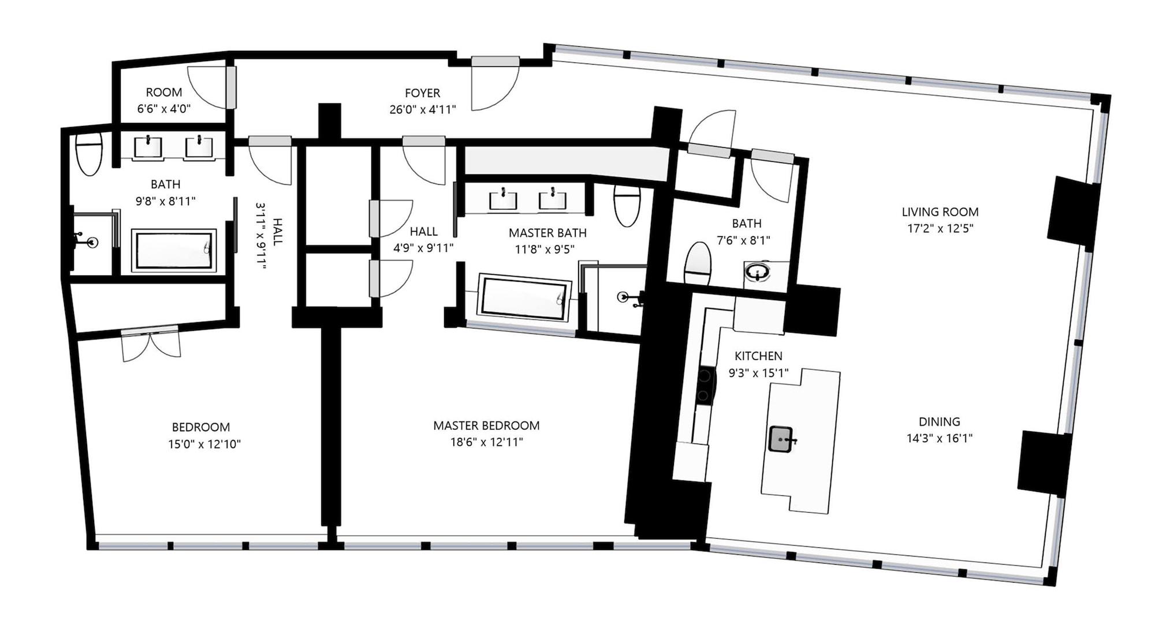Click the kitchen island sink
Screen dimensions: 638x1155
[781, 439]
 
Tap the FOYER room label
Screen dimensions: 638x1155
[422, 93]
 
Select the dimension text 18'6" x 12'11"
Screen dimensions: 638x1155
[486, 442]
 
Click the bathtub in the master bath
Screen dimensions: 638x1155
[523, 298]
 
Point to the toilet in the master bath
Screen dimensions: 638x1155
[627, 206]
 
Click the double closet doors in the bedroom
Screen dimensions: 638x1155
[151, 345]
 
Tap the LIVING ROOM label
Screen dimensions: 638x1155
[940, 212]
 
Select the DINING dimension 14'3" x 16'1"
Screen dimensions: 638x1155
[939, 438]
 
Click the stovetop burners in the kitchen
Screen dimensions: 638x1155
[705, 386]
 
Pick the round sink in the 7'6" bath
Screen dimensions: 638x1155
[757, 272]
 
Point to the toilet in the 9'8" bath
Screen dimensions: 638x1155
[89, 155]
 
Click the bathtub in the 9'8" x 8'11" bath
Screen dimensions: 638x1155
[174, 251]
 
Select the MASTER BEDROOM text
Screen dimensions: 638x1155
[486, 426]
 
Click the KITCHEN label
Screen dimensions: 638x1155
[758, 356]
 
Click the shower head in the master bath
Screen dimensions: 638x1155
[624, 297]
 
